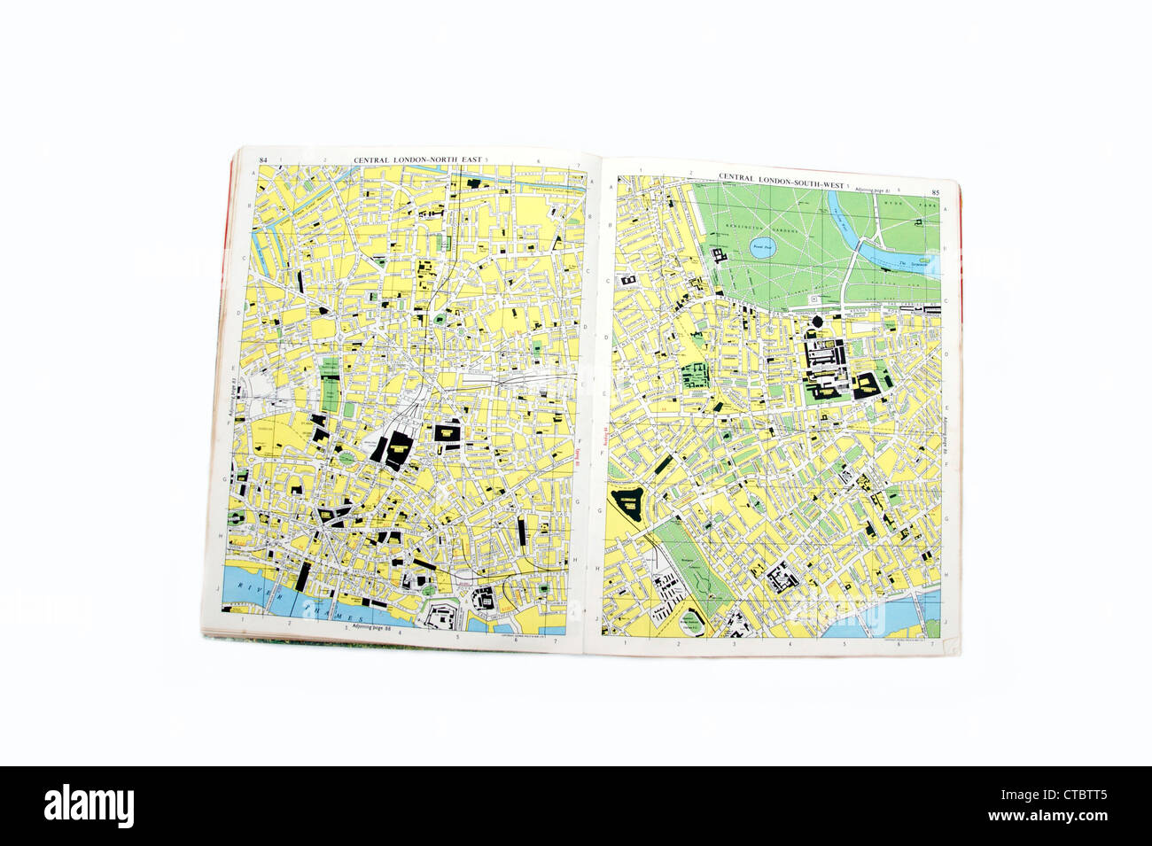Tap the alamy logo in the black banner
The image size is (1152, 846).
pos(89,805)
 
